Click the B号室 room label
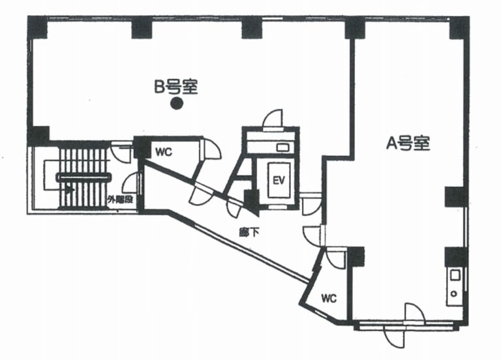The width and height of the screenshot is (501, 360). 175,86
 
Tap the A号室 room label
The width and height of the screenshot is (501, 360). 408,143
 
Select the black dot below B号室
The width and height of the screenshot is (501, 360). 175,103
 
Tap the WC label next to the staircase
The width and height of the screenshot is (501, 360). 163,153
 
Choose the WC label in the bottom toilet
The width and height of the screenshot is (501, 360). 329,299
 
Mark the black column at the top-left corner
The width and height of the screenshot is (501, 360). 37,27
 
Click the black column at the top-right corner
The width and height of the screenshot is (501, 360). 459,27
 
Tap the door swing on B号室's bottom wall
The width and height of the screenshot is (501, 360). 273,119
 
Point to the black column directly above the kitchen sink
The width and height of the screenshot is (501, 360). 455,256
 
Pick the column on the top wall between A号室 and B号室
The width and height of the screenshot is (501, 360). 355,27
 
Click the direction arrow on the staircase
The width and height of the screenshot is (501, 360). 68,189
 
